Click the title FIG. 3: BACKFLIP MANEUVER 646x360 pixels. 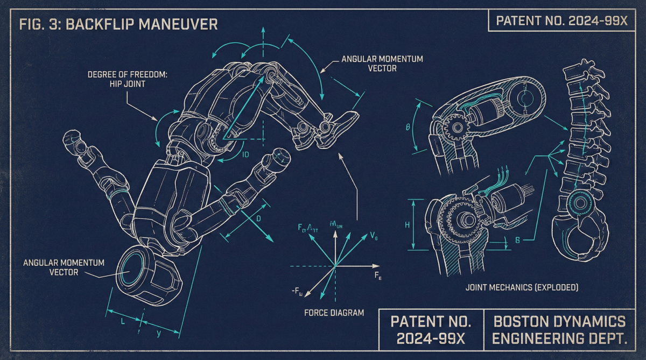[x=118, y=25]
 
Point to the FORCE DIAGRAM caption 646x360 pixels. [x=334, y=313]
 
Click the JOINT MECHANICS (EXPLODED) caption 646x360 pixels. [x=522, y=288]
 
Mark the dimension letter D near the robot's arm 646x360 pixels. [x=258, y=218]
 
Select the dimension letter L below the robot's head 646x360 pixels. [x=123, y=321]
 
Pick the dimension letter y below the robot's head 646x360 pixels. [x=159, y=334]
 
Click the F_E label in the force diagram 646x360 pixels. [x=378, y=276]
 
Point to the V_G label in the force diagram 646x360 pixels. [x=374, y=236]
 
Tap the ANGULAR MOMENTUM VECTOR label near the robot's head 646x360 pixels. [x=64, y=267]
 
